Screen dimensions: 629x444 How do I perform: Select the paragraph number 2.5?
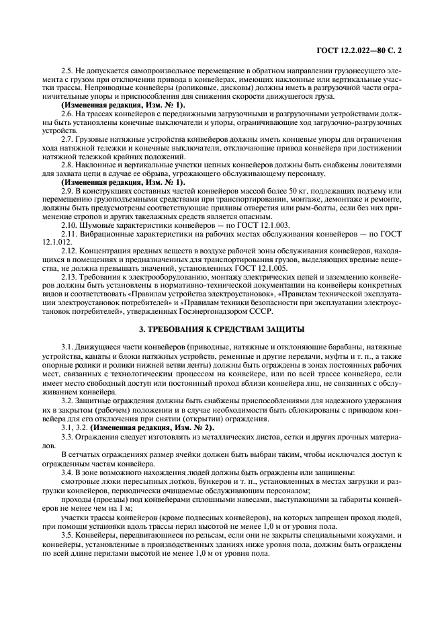click(66, 70)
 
